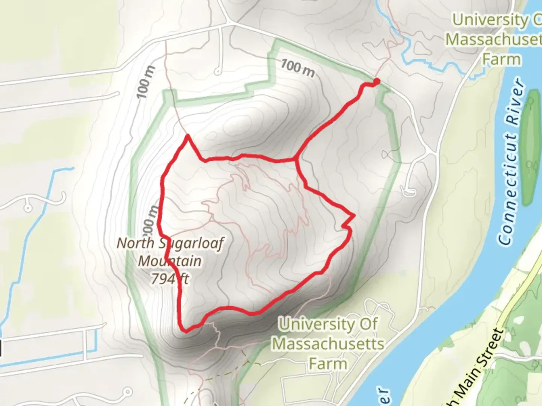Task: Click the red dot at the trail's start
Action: tap(376, 81)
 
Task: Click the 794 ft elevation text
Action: tap(170, 279)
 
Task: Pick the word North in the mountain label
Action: tap(135, 243)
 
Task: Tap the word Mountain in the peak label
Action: tap(170, 261)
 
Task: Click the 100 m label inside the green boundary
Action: tap(297, 68)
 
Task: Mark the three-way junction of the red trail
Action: tap(297, 160)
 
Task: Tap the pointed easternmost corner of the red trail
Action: tap(354, 216)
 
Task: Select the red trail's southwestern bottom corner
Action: tap(184, 330)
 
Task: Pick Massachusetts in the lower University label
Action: tap(328, 344)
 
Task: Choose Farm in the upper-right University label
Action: tap(501, 59)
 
